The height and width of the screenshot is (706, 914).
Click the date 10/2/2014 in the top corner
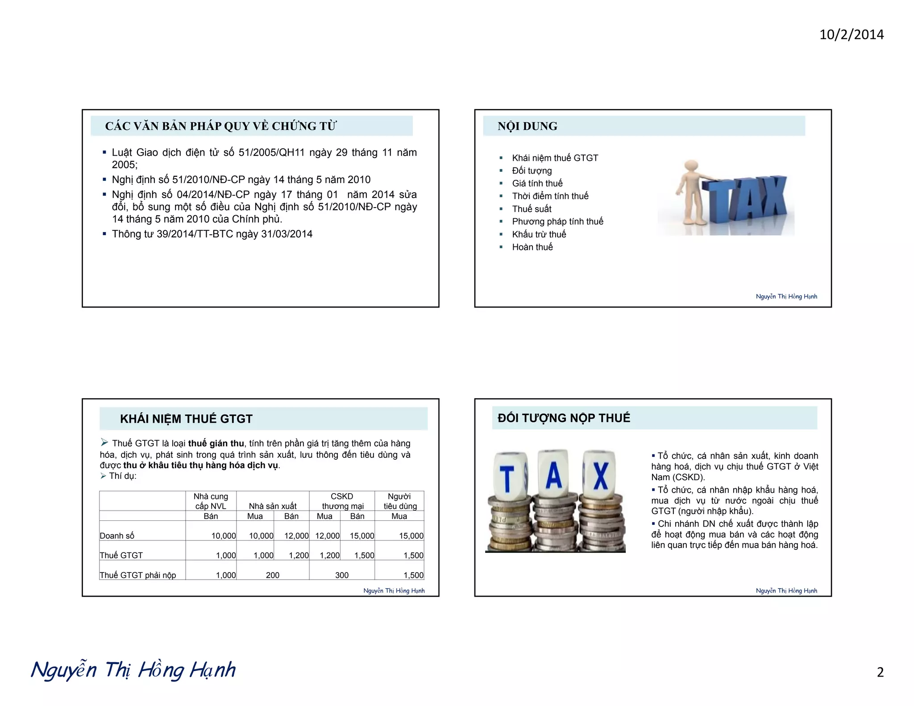[x=851, y=35]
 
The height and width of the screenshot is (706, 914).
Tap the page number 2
[x=880, y=672]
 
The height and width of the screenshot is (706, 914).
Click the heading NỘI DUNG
[x=528, y=126]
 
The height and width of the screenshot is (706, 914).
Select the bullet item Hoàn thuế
[x=532, y=247]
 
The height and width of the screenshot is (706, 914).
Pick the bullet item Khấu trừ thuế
[x=539, y=234]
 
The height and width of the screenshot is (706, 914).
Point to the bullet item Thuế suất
[x=532, y=209]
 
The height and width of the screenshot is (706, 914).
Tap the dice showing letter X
[x=600, y=475]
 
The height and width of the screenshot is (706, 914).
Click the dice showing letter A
[x=553, y=475]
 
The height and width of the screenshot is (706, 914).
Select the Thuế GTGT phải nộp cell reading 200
[x=273, y=575]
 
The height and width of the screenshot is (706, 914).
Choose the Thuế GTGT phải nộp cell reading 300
[x=342, y=575]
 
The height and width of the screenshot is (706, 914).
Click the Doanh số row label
[x=117, y=536]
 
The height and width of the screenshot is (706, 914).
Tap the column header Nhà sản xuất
[x=273, y=506]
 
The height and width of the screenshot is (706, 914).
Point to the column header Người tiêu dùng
[x=400, y=501]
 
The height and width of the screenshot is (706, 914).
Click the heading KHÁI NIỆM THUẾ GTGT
[x=186, y=419]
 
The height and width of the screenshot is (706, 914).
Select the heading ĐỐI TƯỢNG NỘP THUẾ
[x=564, y=418]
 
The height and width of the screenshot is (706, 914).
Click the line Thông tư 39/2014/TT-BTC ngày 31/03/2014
[x=212, y=234]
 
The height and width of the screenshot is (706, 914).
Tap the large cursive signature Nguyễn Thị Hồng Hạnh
[x=133, y=670]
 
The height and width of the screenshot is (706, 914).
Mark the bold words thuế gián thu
[x=216, y=444]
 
